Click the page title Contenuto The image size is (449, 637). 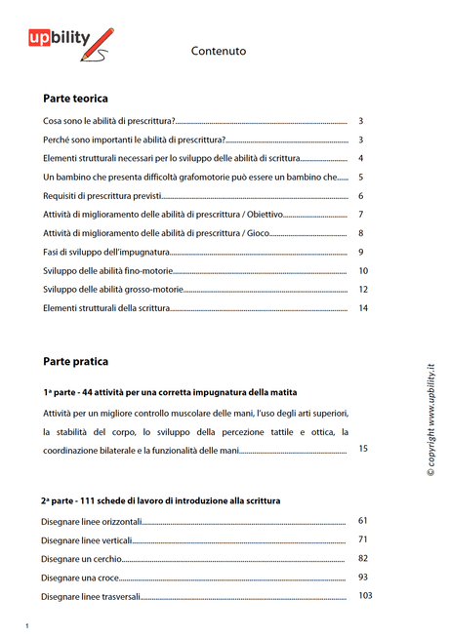coord(219,51)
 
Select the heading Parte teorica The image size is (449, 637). coord(75,99)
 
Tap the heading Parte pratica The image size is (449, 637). coord(75,361)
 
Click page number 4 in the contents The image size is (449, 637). coord(361,158)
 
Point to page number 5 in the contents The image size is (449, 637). coord(361,178)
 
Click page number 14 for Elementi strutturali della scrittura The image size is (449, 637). coord(363,308)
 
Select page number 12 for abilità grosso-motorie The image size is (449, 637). coord(363,290)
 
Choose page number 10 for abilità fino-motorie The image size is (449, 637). coord(363,271)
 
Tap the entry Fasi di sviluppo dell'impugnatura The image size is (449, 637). coord(107,253)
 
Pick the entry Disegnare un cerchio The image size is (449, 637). coord(82,559)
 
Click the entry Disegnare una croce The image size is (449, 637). coord(81,577)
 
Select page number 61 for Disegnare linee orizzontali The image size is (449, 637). coord(363,521)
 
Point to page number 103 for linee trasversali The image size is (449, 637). coord(366,596)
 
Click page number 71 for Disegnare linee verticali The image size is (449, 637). coord(363,539)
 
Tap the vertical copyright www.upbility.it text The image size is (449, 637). coord(429,420)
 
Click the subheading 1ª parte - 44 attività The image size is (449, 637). coord(155,392)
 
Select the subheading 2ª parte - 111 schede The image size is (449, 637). coord(160,500)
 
